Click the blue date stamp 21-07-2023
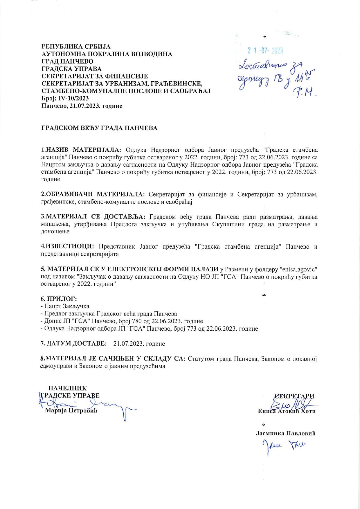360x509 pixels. click(265, 51)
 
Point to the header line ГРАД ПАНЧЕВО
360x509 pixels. click(68, 61)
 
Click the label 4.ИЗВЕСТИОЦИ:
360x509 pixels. click(67, 247)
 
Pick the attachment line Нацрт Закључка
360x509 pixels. click(66, 306)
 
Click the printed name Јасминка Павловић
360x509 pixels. click(286, 433)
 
